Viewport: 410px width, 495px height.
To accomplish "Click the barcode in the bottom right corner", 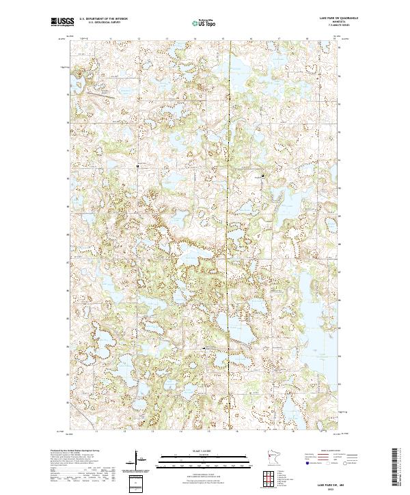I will point(396,468).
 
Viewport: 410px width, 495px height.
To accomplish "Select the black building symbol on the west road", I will point(138,166).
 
